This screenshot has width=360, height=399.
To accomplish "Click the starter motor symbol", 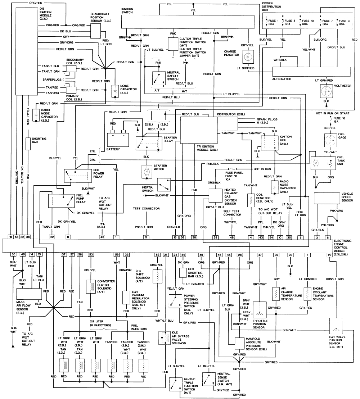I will click(x=147, y=172).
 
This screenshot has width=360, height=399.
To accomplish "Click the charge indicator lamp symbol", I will click(x=248, y=57).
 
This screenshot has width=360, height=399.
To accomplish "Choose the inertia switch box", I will click(x=164, y=184).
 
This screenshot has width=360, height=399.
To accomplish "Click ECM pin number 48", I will click(x=231, y=237).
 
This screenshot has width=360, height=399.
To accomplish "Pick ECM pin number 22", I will click(x=52, y=237).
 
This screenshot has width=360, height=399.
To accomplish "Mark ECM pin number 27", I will click(x=329, y=255).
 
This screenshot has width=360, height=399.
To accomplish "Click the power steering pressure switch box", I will click(x=175, y=301).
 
